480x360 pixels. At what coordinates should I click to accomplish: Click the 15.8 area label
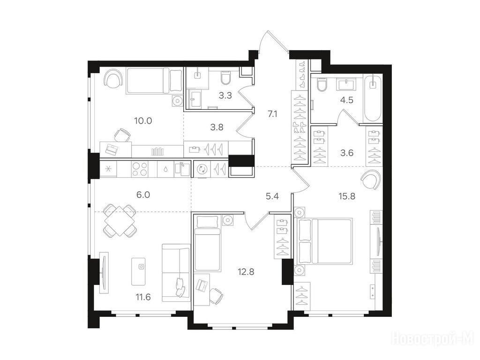[x=347, y=196]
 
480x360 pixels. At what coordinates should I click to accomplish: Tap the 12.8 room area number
[x=246, y=271]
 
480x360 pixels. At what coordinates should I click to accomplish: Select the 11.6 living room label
[x=143, y=297]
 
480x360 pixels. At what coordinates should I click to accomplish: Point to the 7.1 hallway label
[x=272, y=114]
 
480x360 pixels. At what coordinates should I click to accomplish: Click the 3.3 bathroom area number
[x=225, y=96]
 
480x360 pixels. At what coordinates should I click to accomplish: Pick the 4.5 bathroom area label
[x=347, y=100]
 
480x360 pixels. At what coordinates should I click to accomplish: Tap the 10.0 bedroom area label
[x=143, y=120]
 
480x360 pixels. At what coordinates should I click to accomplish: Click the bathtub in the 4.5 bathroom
[x=373, y=98]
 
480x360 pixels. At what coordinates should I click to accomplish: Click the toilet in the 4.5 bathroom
[x=322, y=85]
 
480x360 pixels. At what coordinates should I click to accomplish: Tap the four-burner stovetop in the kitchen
[x=140, y=169]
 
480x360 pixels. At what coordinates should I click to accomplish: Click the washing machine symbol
[x=202, y=169]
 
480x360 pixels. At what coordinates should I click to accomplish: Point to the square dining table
[x=120, y=220]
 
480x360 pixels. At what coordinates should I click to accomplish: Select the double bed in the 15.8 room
[x=323, y=240]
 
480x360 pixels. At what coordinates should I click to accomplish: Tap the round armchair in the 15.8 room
[x=371, y=180]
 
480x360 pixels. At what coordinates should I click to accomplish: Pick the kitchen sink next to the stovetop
[x=182, y=169]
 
